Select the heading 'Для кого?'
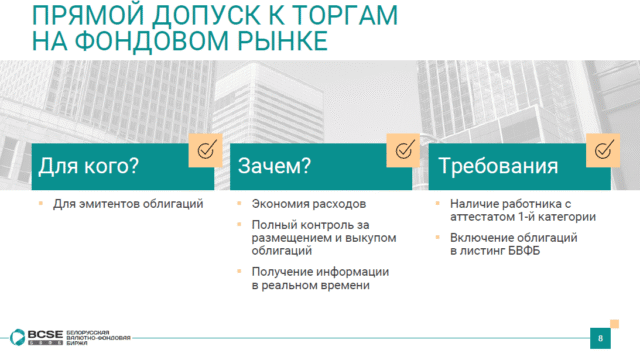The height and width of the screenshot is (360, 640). (89, 166)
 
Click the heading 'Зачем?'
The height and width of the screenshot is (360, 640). (274, 166)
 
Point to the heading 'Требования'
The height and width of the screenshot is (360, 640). (498, 166)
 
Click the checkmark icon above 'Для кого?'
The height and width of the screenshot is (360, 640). (207, 149)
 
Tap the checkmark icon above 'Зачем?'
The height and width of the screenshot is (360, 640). (404, 149)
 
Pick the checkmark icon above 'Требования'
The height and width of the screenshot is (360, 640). (604, 149)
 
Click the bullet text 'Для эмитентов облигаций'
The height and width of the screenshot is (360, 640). (128, 204)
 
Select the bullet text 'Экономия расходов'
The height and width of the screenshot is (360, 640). (309, 204)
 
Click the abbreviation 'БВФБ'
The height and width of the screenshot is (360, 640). (524, 251)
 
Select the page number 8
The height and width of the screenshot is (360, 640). (600, 338)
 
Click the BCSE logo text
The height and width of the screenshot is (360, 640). (45, 335)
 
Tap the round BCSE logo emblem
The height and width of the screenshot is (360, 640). (18, 337)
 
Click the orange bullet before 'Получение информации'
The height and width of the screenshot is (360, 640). (239, 270)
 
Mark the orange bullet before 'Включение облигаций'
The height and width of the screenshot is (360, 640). (438, 236)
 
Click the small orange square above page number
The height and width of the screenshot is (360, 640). (614, 324)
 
